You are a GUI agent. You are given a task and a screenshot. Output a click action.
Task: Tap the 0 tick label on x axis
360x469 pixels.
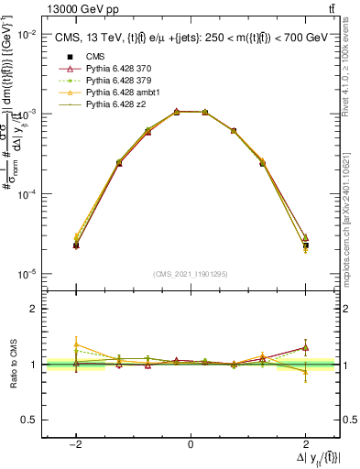[x=190, y=444]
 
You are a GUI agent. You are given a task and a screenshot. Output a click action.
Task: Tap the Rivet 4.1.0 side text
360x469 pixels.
[x=351, y=73]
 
